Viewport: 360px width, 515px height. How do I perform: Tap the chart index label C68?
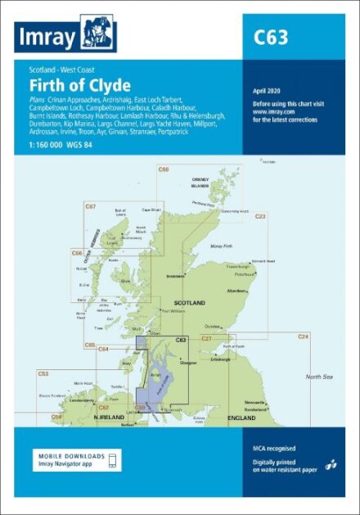coord(164,169)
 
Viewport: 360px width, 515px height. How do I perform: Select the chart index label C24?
coord(303,337)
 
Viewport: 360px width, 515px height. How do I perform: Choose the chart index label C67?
coord(91,206)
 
